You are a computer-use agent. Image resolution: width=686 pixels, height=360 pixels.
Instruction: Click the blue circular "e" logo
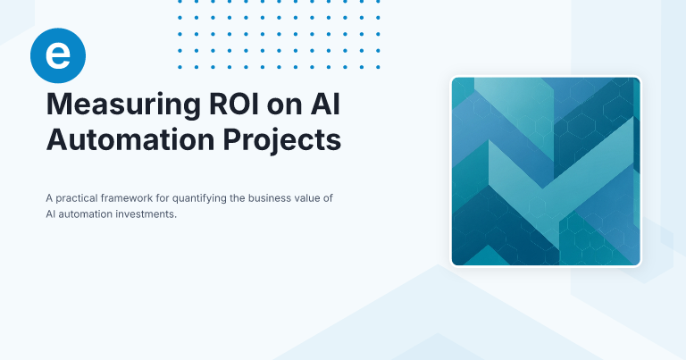pyautogui.click(x=57, y=55)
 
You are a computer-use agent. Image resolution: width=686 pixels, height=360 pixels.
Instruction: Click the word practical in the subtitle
pyautogui.click(x=79, y=197)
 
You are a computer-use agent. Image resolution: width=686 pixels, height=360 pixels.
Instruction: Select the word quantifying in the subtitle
pyautogui.click(x=207, y=197)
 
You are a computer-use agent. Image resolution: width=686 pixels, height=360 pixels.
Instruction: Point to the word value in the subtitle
pyautogui.click(x=314, y=197)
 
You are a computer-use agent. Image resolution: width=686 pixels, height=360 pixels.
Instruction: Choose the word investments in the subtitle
pyautogui.click(x=146, y=214)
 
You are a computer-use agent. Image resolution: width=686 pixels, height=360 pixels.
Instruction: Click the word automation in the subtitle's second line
pyautogui.click(x=88, y=214)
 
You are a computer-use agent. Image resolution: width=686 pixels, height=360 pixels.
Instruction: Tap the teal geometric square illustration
pyautogui.click(x=546, y=172)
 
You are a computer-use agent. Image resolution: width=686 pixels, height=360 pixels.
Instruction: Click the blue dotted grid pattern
pyautogui.click(x=280, y=34)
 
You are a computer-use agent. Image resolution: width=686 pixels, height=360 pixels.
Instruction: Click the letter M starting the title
pyautogui.click(x=57, y=105)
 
